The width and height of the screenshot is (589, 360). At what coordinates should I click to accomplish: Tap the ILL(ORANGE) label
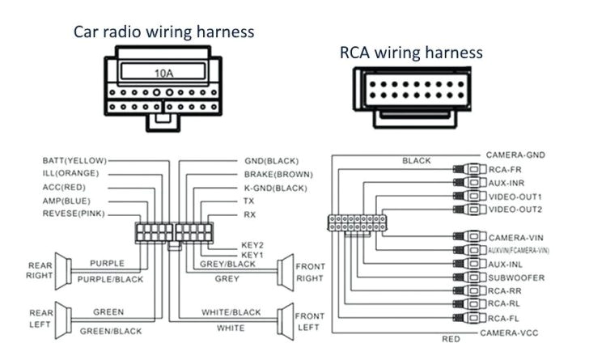(x=70, y=173)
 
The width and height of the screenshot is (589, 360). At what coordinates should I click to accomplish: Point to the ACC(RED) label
(x=64, y=187)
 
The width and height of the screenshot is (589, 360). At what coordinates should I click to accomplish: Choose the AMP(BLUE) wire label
(x=66, y=200)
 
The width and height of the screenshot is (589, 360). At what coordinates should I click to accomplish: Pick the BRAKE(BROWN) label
(x=278, y=174)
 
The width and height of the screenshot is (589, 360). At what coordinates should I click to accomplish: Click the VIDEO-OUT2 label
(x=516, y=209)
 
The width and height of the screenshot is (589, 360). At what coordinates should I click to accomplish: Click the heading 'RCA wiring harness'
(x=411, y=53)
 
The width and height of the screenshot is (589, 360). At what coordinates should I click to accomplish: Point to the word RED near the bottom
(x=451, y=340)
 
